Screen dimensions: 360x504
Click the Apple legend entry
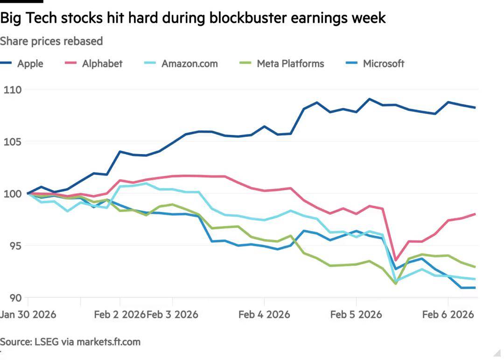pyautogui.click(x=30, y=64)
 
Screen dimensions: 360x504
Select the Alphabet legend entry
pyautogui.click(x=102, y=64)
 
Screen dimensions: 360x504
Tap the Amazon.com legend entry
pyautogui.click(x=189, y=64)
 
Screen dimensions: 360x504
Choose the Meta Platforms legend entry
pyautogui.click(x=290, y=64)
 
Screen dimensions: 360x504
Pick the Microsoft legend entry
pyautogui.click(x=383, y=64)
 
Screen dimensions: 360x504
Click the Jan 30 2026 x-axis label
pyautogui.click(x=28, y=314)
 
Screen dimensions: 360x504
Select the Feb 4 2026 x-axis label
pyautogui.click(x=264, y=314)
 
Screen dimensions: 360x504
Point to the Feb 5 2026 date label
pyautogui.click(x=356, y=314)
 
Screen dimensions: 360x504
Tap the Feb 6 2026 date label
pyautogui.click(x=448, y=314)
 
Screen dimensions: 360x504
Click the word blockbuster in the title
pyautogui.click(x=248, y=18)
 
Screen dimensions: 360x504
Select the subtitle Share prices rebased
pyautogui.click(x=51, y=41)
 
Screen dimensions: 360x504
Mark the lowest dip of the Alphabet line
pyautogui.click(x=396, y=260)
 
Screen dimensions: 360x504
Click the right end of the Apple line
pyautogui.click(x=475, y=107)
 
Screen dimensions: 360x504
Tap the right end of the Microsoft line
pyautogui.click(x=475, y=288)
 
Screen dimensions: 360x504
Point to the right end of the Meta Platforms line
pyautogui.click(x=475, y=267)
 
